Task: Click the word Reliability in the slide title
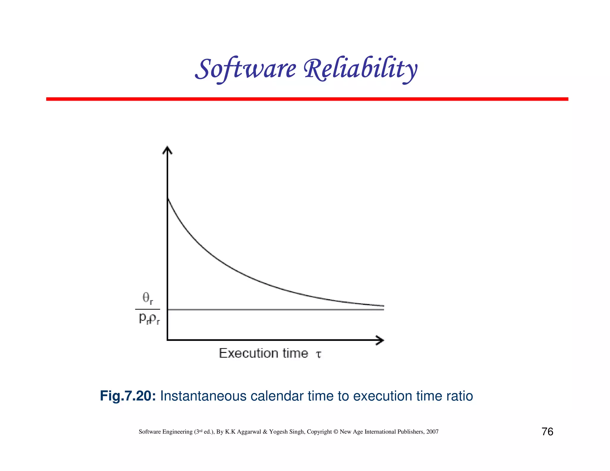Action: click(x=360, y=69)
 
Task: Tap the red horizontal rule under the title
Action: click(x=307, y=99)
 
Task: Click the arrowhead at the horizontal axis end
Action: click(x=380, y=340)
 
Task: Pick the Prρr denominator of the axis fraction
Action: click(x=149, y=319)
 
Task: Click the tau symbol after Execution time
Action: click(x=318, y=354)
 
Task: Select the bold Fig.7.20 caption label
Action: click(x=128, y=396)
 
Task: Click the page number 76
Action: click(x=547, y=431)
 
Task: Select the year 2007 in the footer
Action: click(x=432, y=432)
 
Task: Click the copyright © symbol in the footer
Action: click(x=336, y=432)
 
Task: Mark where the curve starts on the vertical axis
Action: click(x=168, y=198)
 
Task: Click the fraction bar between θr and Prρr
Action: click(x=148, y=309)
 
